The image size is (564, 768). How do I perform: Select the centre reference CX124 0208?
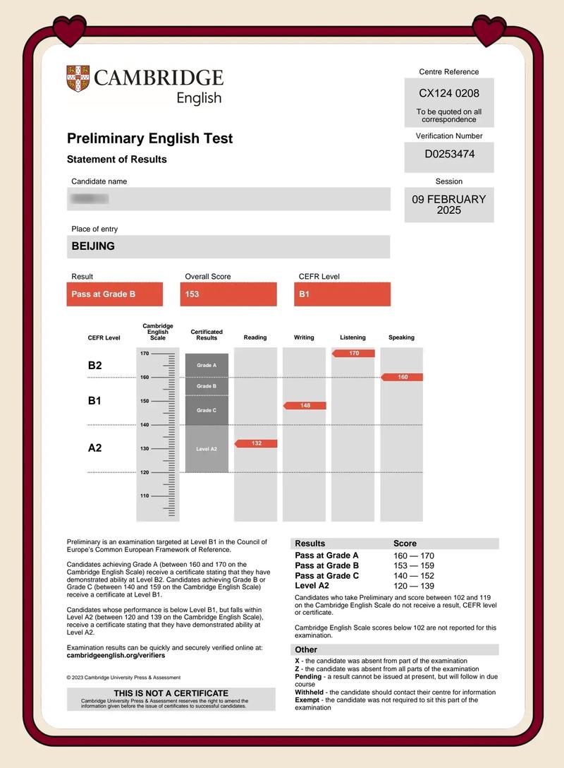449,93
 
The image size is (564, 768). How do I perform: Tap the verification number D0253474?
449,154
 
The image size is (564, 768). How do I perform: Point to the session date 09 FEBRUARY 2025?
449,205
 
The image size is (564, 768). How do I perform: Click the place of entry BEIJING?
93,246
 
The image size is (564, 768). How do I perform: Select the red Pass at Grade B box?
114,294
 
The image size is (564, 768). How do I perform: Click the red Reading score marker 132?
256,443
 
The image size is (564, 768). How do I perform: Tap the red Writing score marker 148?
305,405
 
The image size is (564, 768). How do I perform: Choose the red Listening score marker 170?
353,353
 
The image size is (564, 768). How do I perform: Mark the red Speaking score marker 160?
403,377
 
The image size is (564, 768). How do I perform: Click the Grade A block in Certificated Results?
207,365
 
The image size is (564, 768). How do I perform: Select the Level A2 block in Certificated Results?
207,449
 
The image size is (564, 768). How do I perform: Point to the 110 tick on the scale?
145,496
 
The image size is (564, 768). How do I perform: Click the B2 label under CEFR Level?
94,365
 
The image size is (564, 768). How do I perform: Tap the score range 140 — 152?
414,575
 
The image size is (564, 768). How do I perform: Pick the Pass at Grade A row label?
326,556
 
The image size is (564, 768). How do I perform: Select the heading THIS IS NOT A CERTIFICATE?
171,693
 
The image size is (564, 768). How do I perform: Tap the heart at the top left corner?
69,31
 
